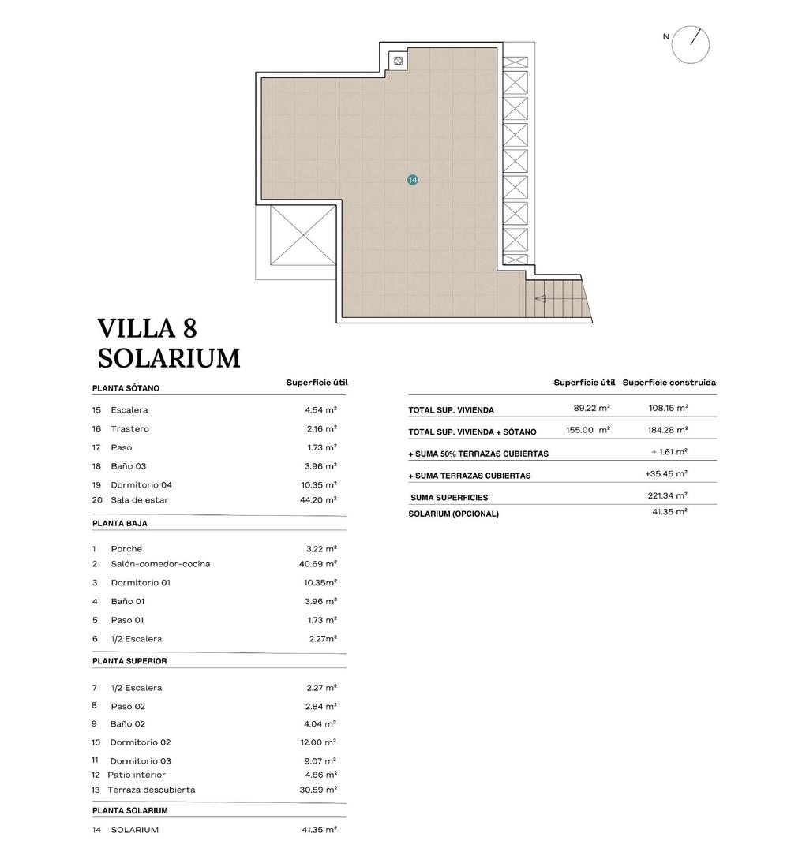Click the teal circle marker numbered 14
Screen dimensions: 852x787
point(412,180)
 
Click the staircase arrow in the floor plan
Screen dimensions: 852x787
point(542,299)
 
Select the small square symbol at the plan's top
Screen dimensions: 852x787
point(399,61)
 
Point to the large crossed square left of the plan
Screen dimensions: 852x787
point(303,236)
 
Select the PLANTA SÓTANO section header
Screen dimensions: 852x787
point(126,388)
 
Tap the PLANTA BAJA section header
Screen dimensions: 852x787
point(119,523)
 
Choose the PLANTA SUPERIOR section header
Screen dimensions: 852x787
point(129,661)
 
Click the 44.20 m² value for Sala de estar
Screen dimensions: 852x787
point(320,499)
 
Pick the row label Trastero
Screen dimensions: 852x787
point(129,428)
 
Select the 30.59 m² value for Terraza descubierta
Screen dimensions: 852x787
point(320,790)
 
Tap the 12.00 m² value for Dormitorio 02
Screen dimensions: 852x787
point(320,742)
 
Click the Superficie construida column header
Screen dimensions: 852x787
point(669,383)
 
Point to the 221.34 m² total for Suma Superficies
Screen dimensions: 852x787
point(667,496)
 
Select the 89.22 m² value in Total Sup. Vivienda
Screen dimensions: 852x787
point(591,409)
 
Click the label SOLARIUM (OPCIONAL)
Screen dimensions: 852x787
point(453,514)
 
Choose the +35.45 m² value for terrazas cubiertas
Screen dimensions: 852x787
point(665,474)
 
